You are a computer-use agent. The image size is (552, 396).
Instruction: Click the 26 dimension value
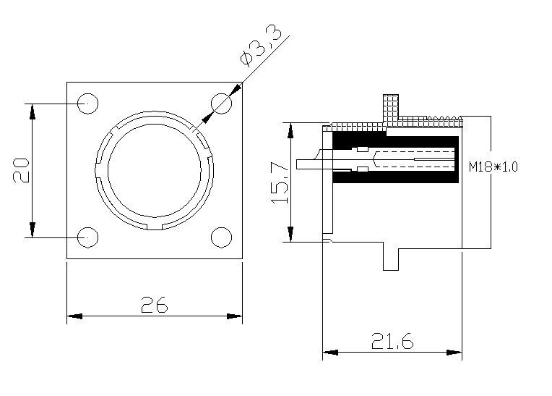154,305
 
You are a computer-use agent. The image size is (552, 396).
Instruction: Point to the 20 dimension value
21,170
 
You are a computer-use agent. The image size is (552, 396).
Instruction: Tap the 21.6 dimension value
392,341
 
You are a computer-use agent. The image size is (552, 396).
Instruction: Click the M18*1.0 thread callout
493,167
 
